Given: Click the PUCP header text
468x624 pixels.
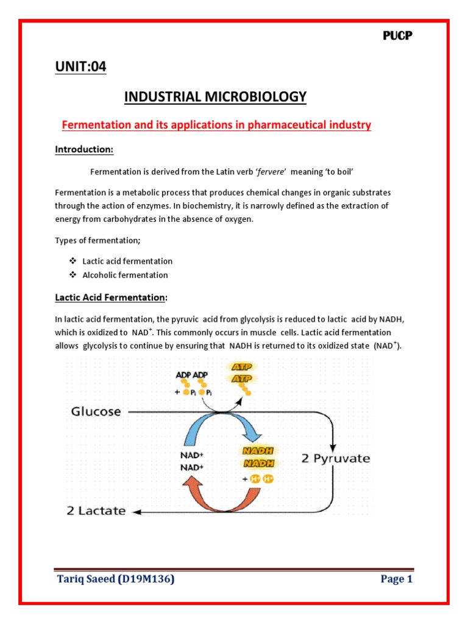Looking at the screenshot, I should [x=397, y=36].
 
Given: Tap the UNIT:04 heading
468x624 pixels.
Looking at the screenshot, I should [x=80, y=67].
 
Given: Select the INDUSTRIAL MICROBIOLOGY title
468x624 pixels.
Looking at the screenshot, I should [x=215, y=97].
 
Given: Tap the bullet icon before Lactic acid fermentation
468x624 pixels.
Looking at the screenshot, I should [x=71, y=261].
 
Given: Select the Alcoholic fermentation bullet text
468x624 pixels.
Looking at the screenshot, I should [x=125, y=275].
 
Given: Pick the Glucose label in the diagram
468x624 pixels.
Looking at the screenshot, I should [x=96, y=411].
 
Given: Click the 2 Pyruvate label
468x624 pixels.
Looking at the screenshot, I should [x=336, y=458].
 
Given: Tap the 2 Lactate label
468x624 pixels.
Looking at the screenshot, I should [x=96, y=511].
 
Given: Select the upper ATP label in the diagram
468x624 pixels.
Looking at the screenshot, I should [x=243, y=367].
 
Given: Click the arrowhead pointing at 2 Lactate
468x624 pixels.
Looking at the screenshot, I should [x=137, y=511].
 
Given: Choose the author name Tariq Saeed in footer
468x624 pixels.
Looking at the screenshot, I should [x=90, y=580].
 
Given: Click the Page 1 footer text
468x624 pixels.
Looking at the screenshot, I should [x=397, y=580].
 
